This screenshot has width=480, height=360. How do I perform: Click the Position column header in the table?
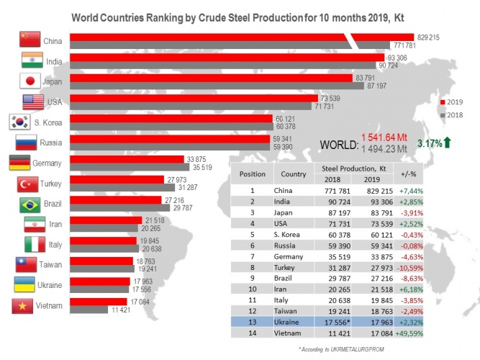(x=252, y=174)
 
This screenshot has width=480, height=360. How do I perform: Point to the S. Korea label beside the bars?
(x=47, y=122)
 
